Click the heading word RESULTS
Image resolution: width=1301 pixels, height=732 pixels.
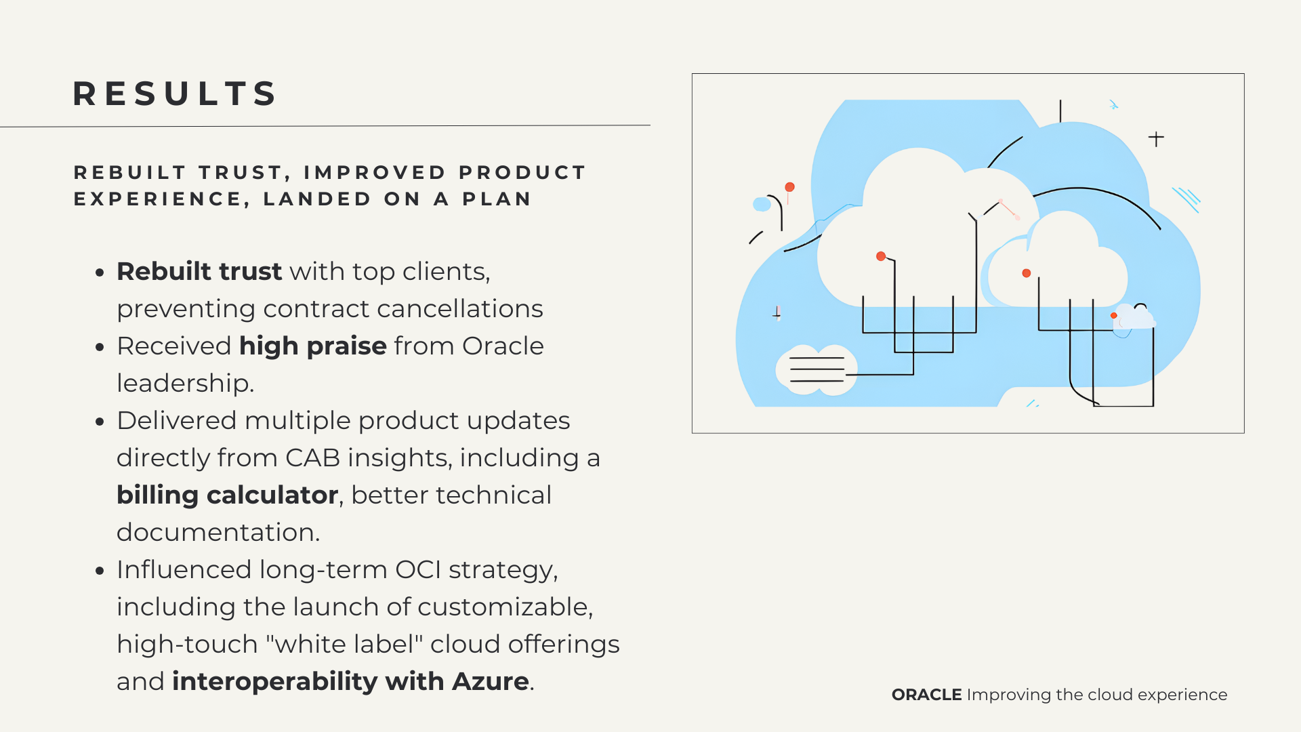coord(175,94)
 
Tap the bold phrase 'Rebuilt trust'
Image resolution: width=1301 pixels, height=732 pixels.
coord(199,271)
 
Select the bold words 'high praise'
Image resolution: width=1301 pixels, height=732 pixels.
coord(313,346)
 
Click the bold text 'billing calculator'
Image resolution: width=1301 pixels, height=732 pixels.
coord(227,495)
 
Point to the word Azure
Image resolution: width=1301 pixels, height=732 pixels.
coord(491,681)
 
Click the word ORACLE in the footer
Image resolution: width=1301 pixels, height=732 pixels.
coord(926,695)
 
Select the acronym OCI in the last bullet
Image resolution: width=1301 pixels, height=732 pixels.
coord(418,570)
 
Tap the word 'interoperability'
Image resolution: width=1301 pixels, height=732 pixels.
coord(275,682)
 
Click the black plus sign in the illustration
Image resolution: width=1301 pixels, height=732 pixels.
coord(1156,139)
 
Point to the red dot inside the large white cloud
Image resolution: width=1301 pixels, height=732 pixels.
coord(881,256)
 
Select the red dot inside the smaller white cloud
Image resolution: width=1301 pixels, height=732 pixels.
coord(1027,273)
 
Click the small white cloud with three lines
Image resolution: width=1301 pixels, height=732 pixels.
coord(817,370)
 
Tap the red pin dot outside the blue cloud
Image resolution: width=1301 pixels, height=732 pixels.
coord(789,187)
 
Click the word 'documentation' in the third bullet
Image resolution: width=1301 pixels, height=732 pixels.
coord(215,533)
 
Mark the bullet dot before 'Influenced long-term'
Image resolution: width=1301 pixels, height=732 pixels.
coord(100,571)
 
